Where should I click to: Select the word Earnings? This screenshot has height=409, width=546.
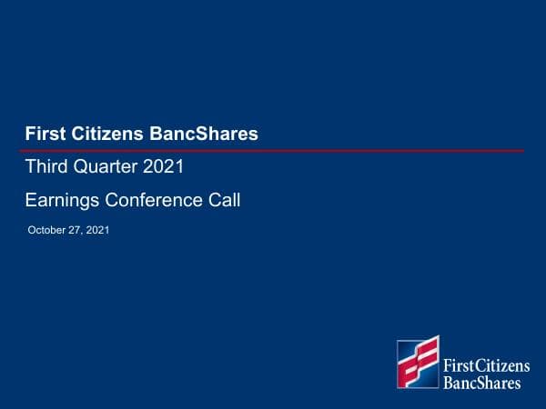point(62,200)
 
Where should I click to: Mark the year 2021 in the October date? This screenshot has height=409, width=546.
point(97,231)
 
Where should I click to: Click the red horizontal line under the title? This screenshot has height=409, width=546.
point(273,150)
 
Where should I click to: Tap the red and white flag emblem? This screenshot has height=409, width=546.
point(418,363)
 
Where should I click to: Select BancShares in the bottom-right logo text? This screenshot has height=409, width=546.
point(481,383)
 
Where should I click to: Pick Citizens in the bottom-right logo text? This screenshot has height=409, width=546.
point(502,366)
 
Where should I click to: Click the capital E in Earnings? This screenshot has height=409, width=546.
point(31,200)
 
